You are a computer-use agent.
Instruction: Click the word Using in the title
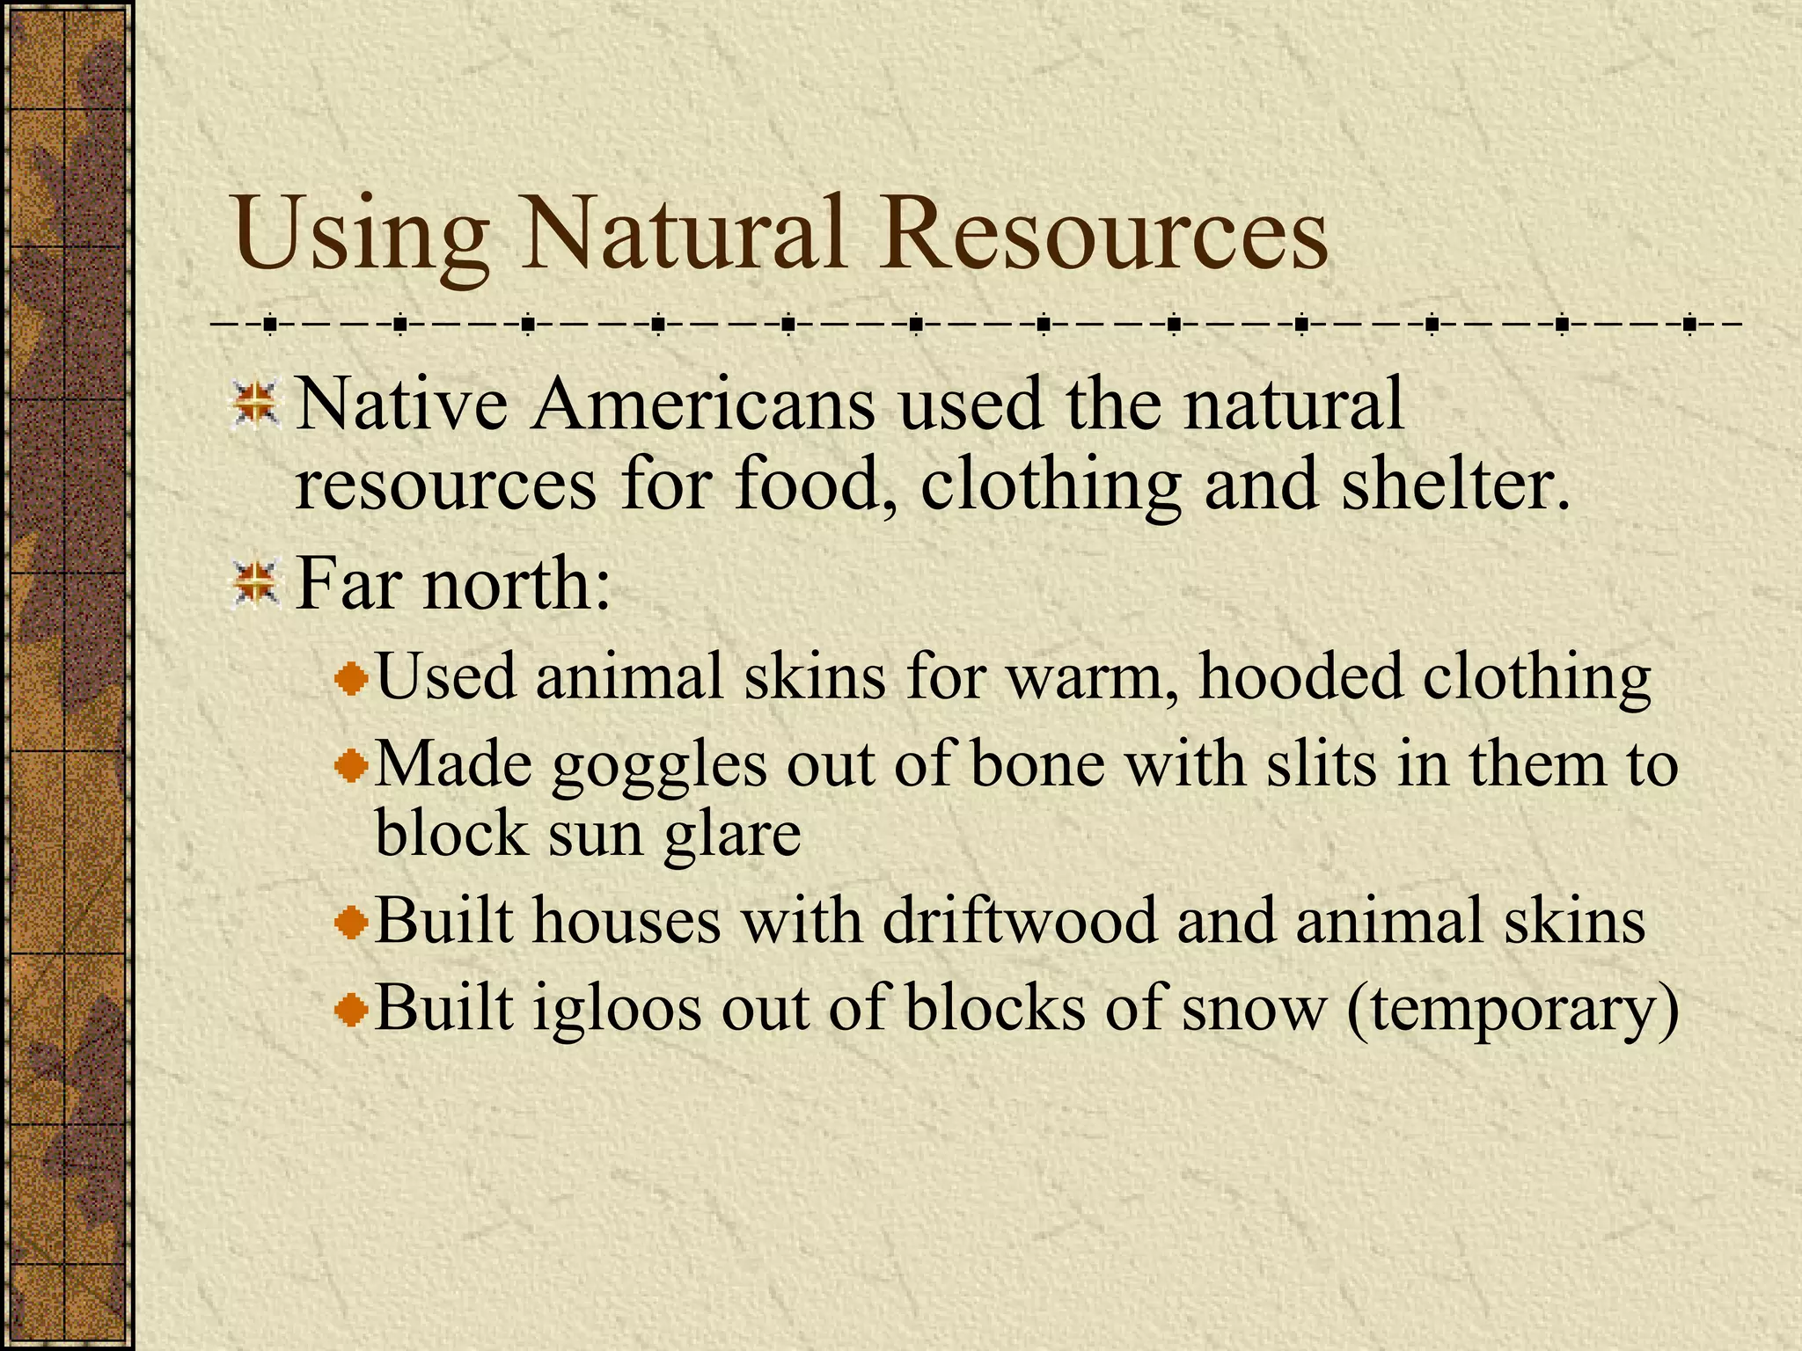[361, 236]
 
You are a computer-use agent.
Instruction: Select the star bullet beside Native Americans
[256, 405]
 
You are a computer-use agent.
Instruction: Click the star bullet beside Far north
[256, 584]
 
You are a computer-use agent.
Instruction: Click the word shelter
[1455, 485]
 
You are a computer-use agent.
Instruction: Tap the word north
[516, 584]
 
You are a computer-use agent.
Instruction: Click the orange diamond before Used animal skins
[352, 679]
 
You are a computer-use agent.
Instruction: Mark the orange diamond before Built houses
[352, 923]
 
